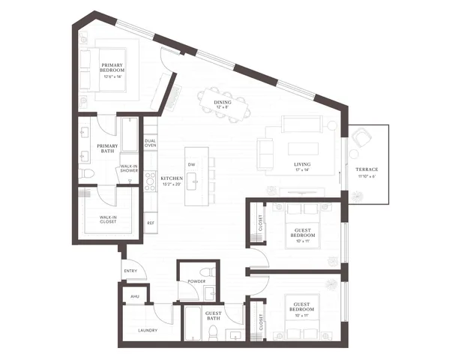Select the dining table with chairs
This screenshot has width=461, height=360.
pos(223,98)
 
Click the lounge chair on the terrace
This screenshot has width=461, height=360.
pos(363,139)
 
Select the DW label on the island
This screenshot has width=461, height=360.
pos(192,163)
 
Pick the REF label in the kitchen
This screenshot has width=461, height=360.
pos(151,223)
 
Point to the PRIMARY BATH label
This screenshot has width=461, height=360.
pos(106,148)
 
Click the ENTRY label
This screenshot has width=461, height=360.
pos(130,271)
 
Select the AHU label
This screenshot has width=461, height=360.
pos(135,296)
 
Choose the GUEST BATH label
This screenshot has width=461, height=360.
pos(212,318)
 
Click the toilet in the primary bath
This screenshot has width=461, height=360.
pos(86,174)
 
